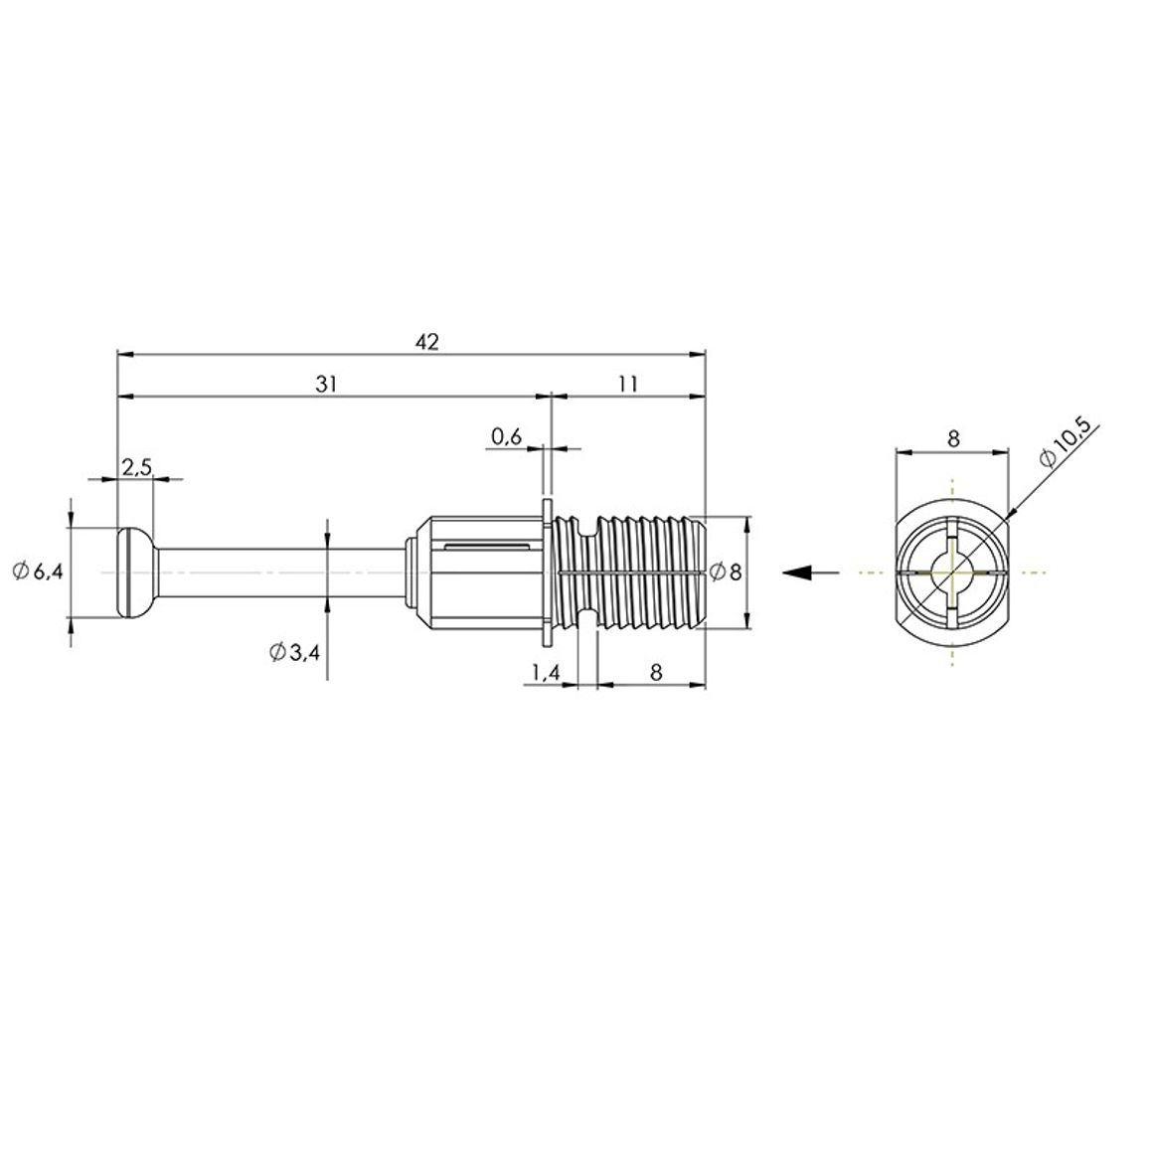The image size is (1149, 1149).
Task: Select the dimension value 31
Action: tap(326, 384)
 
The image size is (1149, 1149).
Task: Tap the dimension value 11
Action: tap(628, 384)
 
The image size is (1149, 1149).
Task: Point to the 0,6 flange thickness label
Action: tap(506, 437)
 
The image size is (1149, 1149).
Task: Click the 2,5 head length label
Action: tap(136, 467)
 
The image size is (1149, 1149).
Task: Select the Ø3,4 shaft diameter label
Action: tap(294, 651)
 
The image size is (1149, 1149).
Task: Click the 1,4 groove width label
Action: tap(546, 672)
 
